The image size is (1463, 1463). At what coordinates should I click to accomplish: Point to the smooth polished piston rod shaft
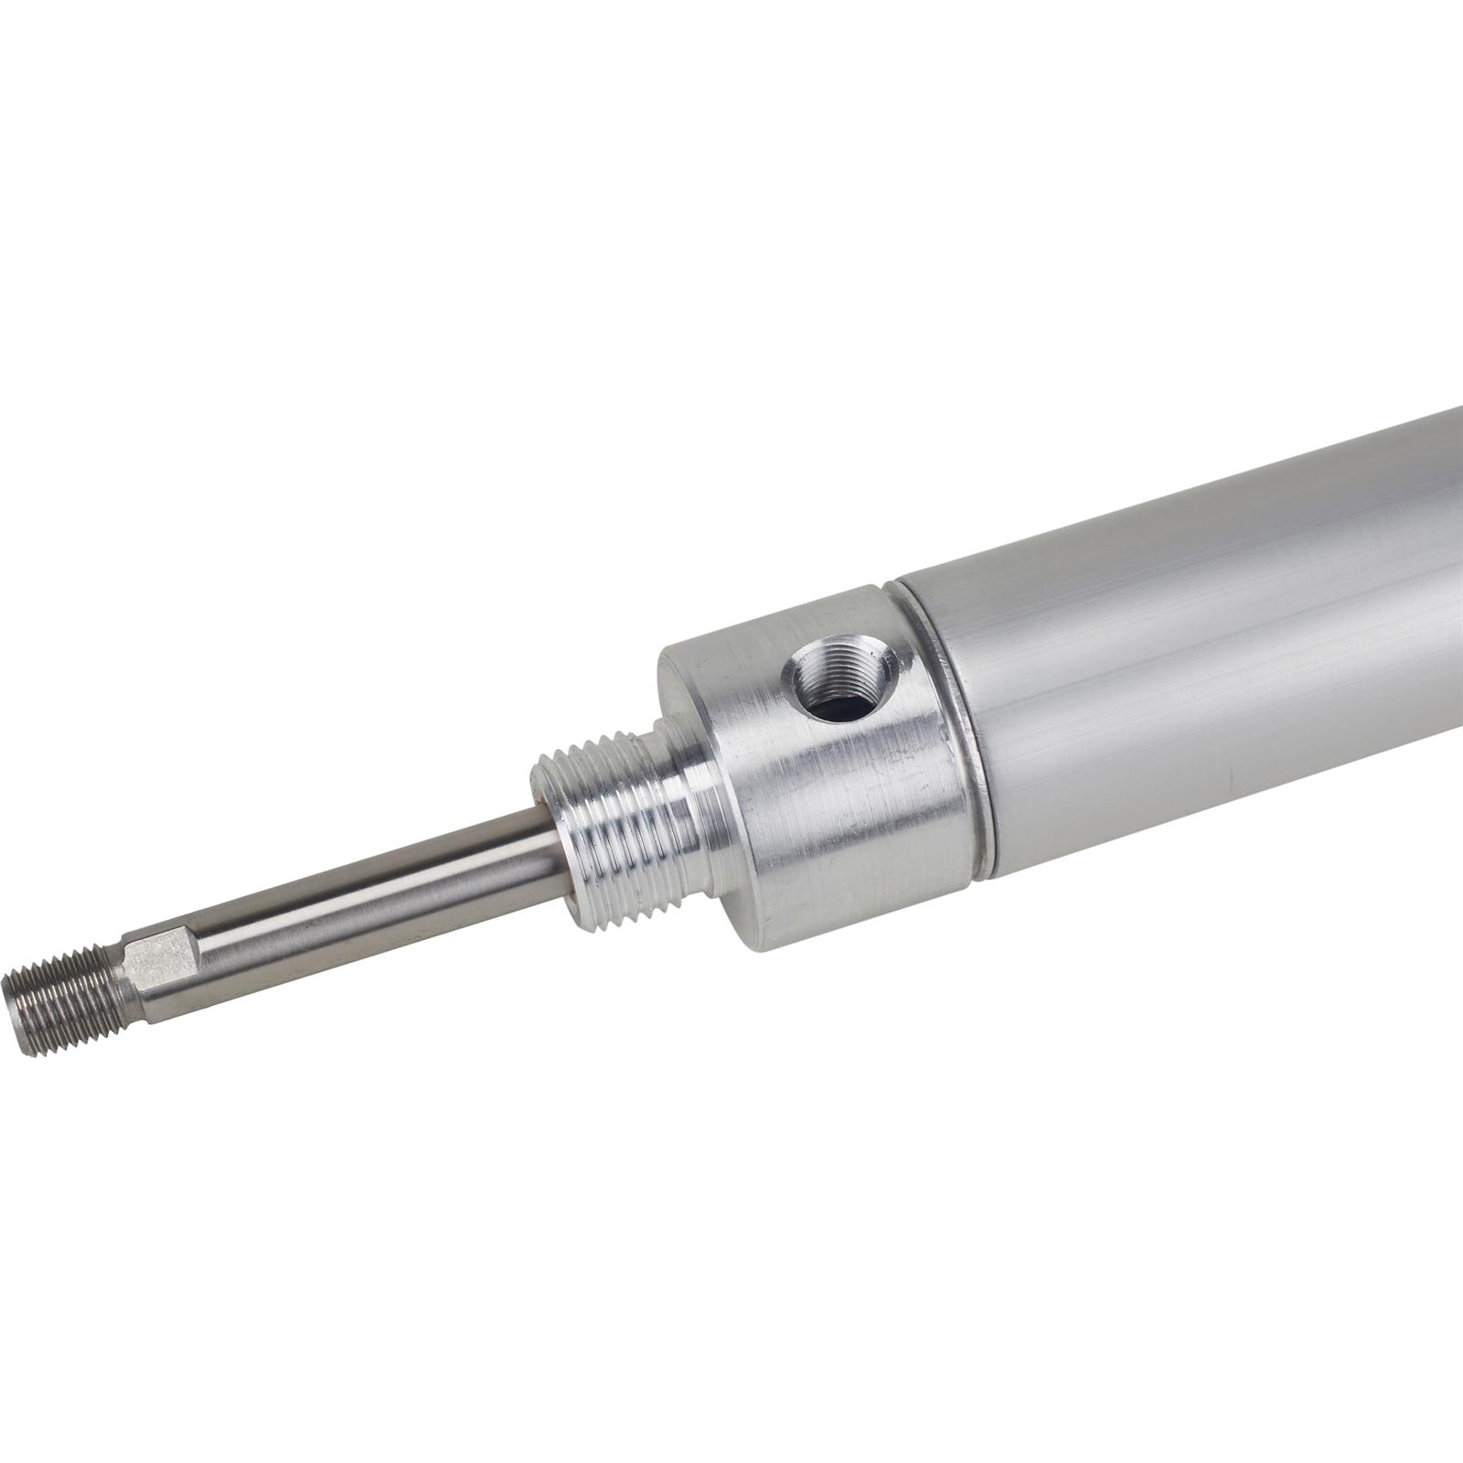[x=366, y=887]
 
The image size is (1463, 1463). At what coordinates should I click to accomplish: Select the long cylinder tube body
[x=1189, y=658]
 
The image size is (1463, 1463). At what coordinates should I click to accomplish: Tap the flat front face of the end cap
[x=695, y=713]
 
